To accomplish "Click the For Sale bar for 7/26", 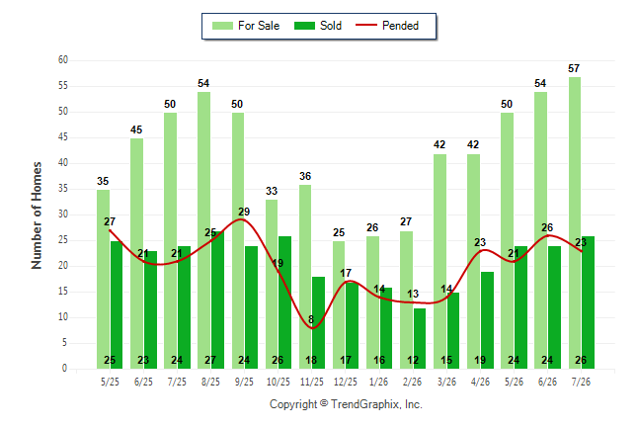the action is point(575,222).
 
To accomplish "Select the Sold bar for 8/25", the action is point(217,300).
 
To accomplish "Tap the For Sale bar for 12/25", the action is point(339,304).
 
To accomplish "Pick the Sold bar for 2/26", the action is point(420,339).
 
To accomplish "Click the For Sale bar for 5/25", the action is point(103,279).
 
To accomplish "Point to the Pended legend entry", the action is point(387,26).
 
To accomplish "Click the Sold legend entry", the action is point(318,26).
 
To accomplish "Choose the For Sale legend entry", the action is point(246,26).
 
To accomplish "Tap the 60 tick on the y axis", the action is point(63,60).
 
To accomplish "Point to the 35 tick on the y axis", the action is point(63,189).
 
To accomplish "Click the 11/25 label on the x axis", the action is point(312,382).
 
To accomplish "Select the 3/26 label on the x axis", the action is point(446,382).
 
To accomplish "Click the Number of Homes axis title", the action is point(37,215).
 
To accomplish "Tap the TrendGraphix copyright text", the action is point(346,404).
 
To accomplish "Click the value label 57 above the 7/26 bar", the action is point(574,68).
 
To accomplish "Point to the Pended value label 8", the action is point(311,319).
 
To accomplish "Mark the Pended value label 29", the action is point(244,212).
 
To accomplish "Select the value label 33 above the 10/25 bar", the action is point(272,191).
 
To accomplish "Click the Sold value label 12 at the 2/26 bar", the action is point(413,360).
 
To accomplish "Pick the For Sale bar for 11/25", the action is point(305,277).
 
